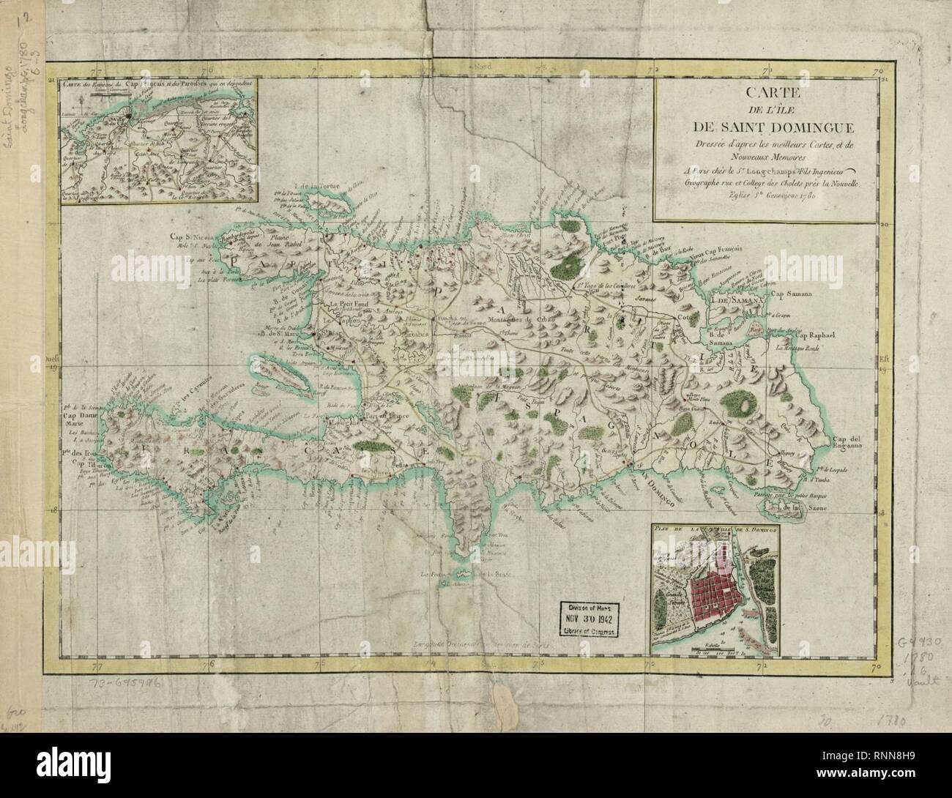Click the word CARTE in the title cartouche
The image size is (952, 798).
pos(765,94)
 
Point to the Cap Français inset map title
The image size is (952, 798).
pos(157,83)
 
